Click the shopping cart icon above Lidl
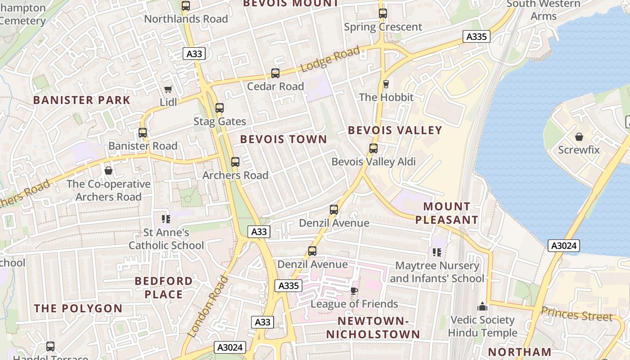coord(168,90)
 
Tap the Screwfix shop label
coord(579,149)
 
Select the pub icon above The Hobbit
coord(386,84)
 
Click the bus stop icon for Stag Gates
coord(220,108)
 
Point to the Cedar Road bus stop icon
coord(275,73)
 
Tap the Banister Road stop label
coord(143,146)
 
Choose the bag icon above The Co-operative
coord(108,171)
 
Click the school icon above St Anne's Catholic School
coord(166,219)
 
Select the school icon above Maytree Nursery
coord(436,252)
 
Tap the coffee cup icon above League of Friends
coord(354,291)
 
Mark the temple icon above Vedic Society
coord(482,307)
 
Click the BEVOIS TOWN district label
coord(283,139)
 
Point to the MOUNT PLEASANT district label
coord(446,213)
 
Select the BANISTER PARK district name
coord(82,100)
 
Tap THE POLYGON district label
coord(78,308)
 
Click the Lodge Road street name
coord(330,59)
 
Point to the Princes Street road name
coord(576,314)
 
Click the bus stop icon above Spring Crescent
coord(383,13)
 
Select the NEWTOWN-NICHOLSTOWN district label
coord(373,328)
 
